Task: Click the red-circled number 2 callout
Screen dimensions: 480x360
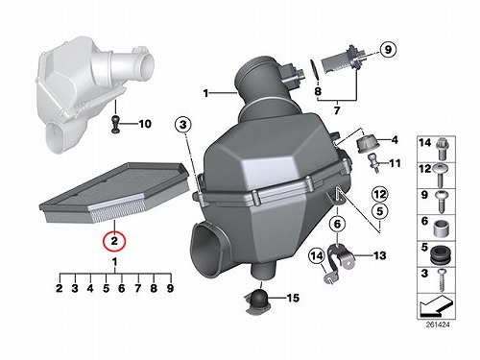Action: pyautogui.click(x=114, y=240)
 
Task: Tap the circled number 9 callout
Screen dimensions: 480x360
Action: pyautogui.click(x=388, y=50)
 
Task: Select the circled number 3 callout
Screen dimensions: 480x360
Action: pyautogui.click(x=182, y=124)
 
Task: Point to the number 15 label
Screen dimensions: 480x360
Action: pyautogui.click(x=293, y=298)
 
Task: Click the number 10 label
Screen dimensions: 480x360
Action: pyautogui.click(x=145, y=124)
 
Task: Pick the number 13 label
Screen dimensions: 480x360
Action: pyautogui.click(x=380, y=255)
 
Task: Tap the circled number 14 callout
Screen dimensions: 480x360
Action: pyautogui.click(x=317, y=255)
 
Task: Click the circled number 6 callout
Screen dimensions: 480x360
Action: pyautogui.click(x=337, y=224)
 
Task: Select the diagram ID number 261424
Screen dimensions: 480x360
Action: pyautogui.click(x=438, y=324)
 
